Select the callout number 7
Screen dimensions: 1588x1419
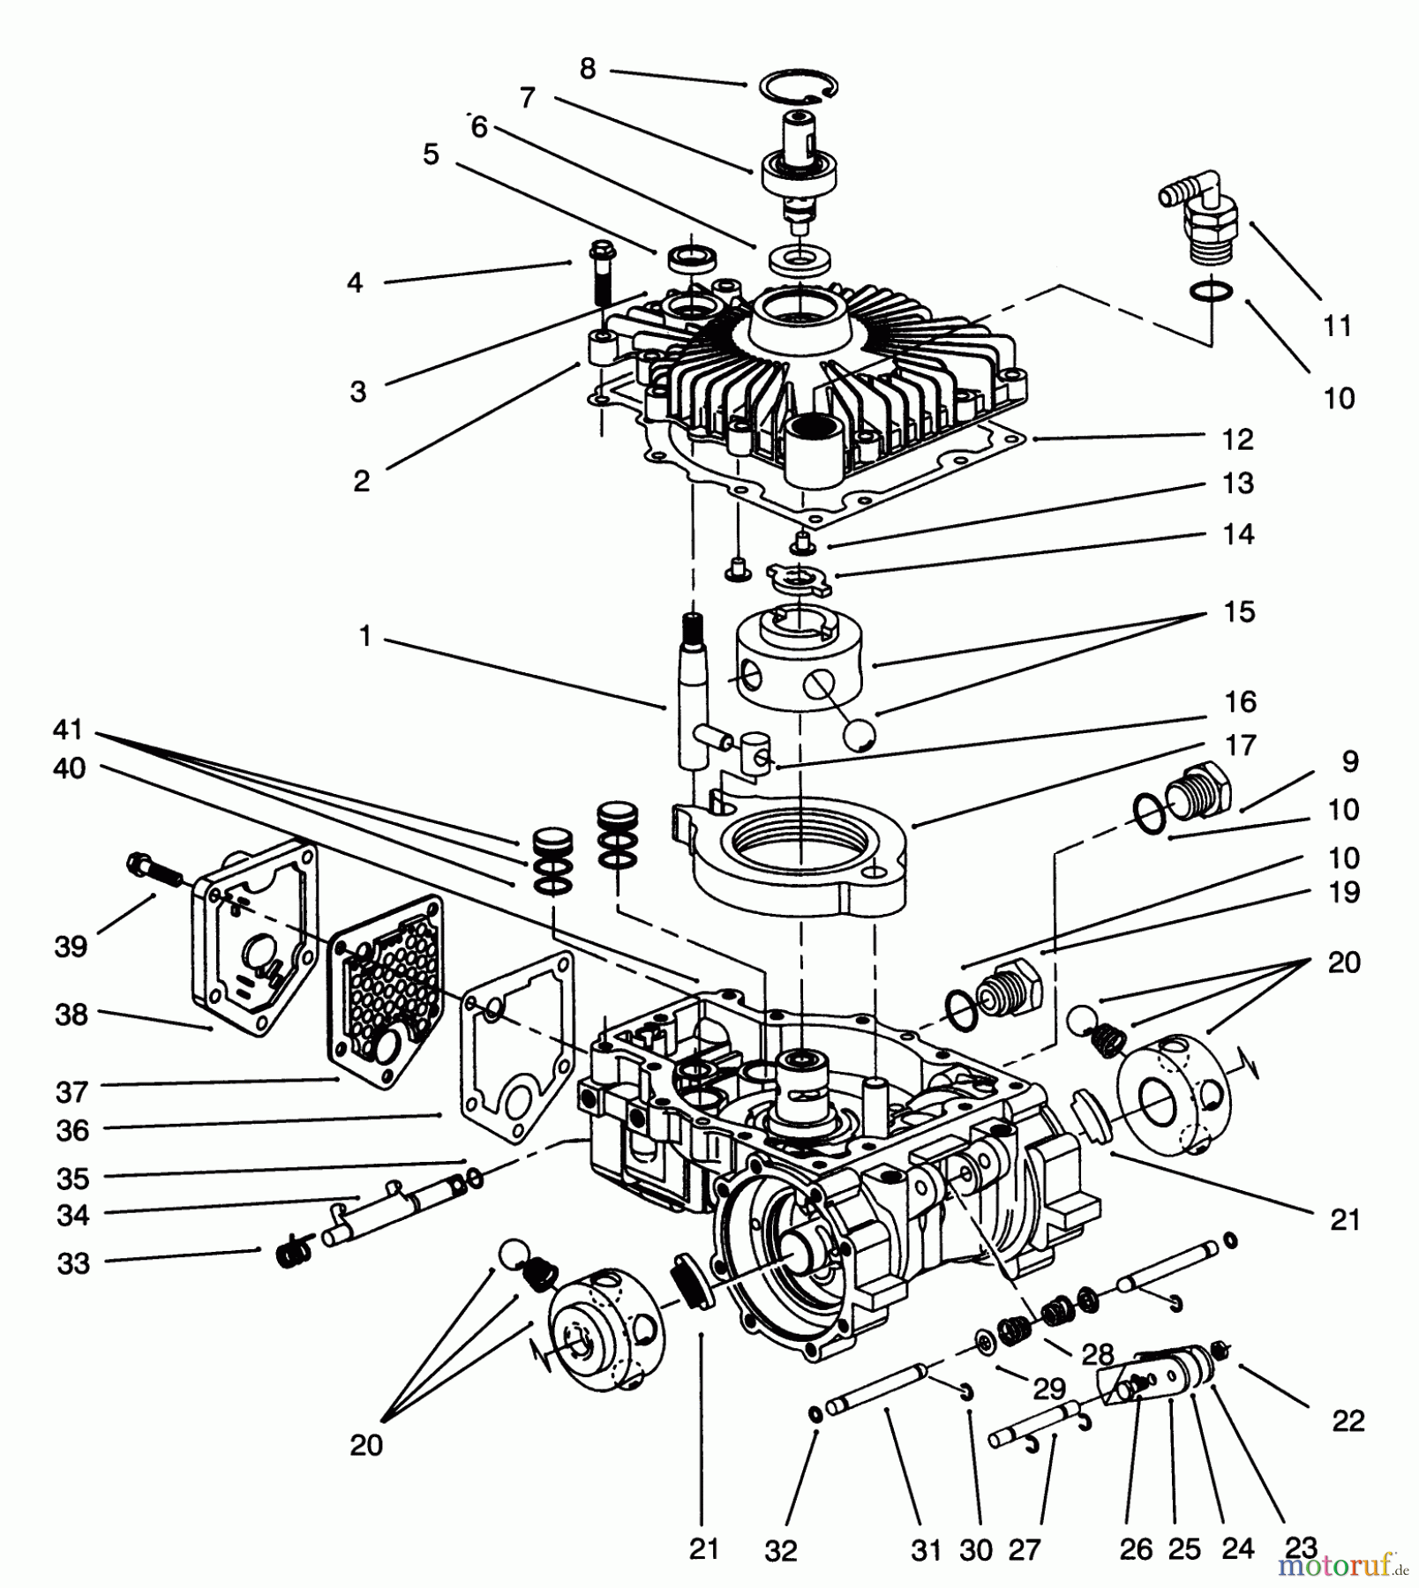[x=528, y=98]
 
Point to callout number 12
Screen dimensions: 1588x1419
[x=1238, y=438]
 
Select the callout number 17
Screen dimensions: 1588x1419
[x=1240, y=745]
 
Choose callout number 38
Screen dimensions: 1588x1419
[x=72, y=1015]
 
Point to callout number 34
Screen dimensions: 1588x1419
[x=73, y=1215]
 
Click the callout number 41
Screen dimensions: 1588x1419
[x=68, y=730]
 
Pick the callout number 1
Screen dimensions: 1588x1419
[x=365, y=636]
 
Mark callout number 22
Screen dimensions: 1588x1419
[x=1348, y=1420]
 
